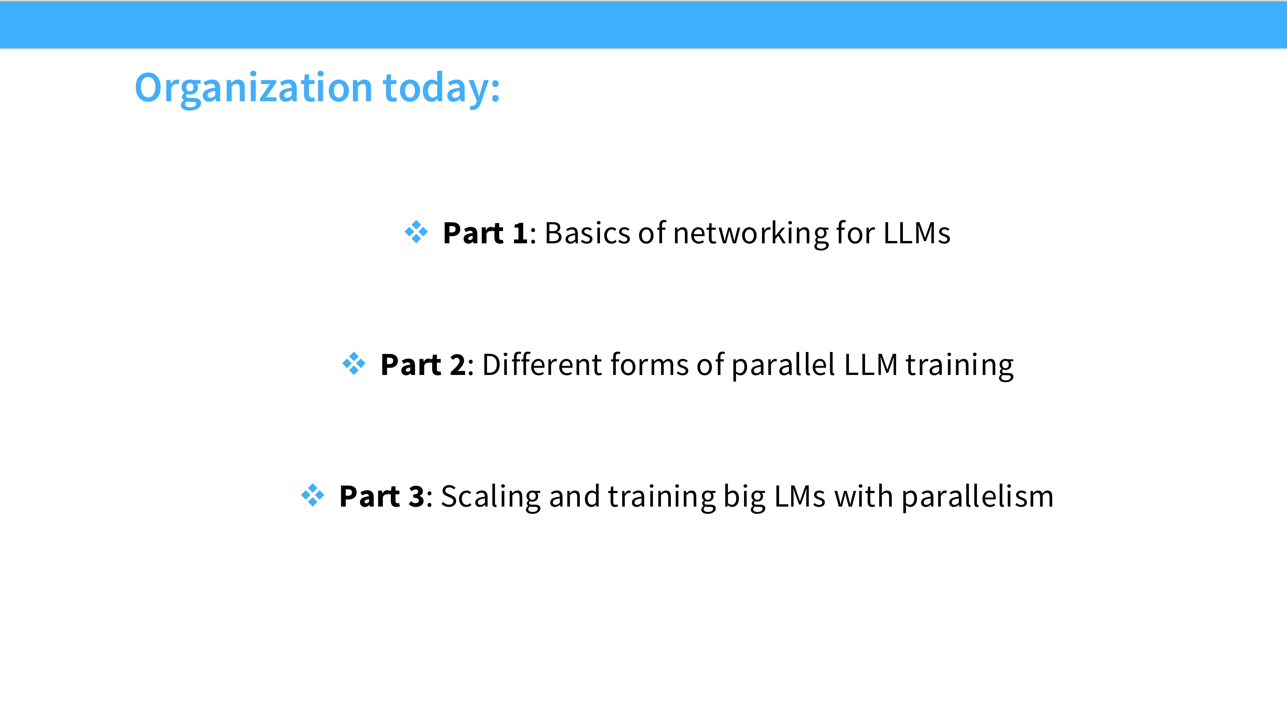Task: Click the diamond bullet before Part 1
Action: tap(416, 232)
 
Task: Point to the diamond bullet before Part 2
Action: tap(354, 363)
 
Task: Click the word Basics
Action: tap(588, 233)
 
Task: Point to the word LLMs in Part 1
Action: tap(917, 233)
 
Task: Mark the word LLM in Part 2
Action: tap(871, 365)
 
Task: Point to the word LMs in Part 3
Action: tap(800, 497)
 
